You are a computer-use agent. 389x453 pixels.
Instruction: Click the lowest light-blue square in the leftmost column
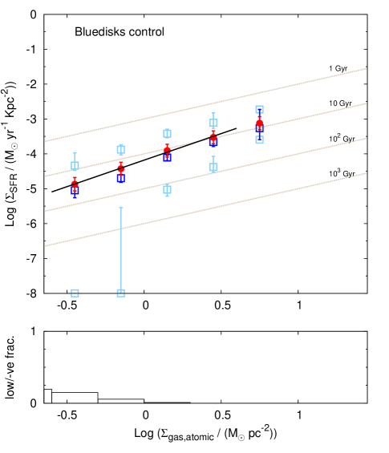(75, 293)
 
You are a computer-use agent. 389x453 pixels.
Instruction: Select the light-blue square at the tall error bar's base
(121, 293)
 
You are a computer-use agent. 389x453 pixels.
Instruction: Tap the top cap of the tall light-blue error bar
(121, 208)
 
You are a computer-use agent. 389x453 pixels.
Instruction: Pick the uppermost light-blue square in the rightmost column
(259, 109)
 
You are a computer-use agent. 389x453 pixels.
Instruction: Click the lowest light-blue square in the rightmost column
(259, 140)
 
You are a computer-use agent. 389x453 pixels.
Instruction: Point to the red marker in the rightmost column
(259, 123)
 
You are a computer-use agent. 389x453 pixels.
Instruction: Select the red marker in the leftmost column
(75, 183)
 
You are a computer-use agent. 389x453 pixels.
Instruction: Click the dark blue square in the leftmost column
(75, 191)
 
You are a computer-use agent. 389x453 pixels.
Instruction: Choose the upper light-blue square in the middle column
(167, 134)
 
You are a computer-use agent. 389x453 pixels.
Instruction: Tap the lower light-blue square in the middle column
(167, 189)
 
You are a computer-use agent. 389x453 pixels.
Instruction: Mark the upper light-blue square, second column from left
(121, 149)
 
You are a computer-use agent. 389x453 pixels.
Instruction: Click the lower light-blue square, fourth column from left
(213, 167)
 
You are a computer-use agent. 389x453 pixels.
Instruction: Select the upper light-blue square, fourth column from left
(213, 123)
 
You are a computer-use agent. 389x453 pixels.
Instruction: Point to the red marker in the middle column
(167, 149)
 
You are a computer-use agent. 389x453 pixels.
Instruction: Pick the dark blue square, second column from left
(121, 178)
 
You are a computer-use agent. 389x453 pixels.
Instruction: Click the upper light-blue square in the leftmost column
(75, 166)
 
